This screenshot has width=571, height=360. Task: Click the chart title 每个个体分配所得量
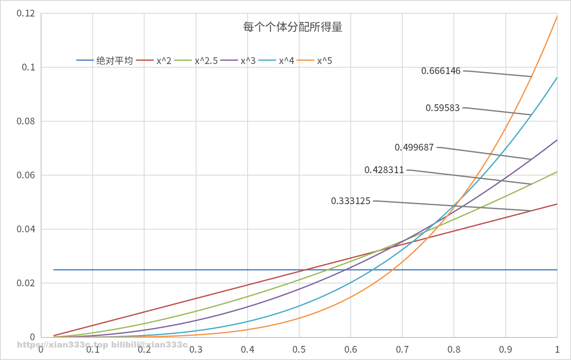(293, 27)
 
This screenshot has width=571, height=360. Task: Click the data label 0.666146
(441, 71)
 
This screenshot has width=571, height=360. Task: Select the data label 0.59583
(443, 108)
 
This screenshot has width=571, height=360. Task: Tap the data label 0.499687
(414, 147)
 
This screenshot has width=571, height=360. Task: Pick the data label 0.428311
(384, 170)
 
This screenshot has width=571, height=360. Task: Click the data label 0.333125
(351, 201)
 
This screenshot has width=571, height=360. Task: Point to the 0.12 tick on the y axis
(26, 13)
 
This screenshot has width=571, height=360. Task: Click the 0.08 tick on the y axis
(26, 121)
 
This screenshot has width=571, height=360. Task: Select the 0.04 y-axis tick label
(26, 229)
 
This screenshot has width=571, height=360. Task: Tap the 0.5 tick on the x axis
(299, 349)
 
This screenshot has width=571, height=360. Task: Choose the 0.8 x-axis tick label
(454, 349)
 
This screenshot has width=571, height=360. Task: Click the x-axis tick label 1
(557, 349)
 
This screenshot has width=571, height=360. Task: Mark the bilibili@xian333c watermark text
(149, 345)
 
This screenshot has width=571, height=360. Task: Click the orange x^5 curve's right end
(557, 16)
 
